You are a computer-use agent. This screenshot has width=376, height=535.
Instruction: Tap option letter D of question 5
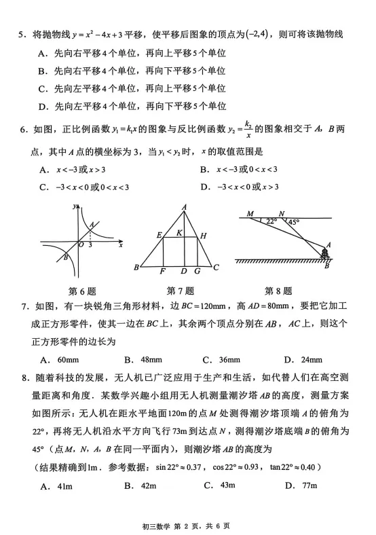click(42, 105)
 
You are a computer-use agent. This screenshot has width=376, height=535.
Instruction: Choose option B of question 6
click(204, 170)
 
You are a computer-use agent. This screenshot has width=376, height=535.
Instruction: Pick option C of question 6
click(43, 187)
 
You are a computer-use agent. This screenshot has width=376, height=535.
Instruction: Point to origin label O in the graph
click(80, 244)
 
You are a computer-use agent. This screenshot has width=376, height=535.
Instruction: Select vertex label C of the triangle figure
click(215, 267)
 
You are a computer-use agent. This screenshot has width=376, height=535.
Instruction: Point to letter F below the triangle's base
click(163, 272)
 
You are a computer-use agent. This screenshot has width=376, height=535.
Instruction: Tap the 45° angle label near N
click(293, 221)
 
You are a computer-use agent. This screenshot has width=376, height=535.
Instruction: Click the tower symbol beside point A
click(326, 253)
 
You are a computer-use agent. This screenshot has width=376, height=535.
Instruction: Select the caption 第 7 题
click(180, 291)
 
